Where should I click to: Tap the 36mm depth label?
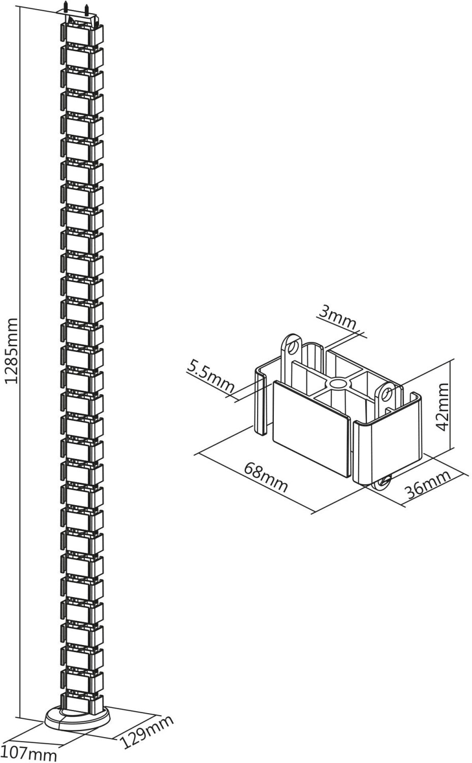[x=428, y=484]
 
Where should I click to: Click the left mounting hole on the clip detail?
[x=292, y=347]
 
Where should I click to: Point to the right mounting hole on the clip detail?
[x=387, y=393]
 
